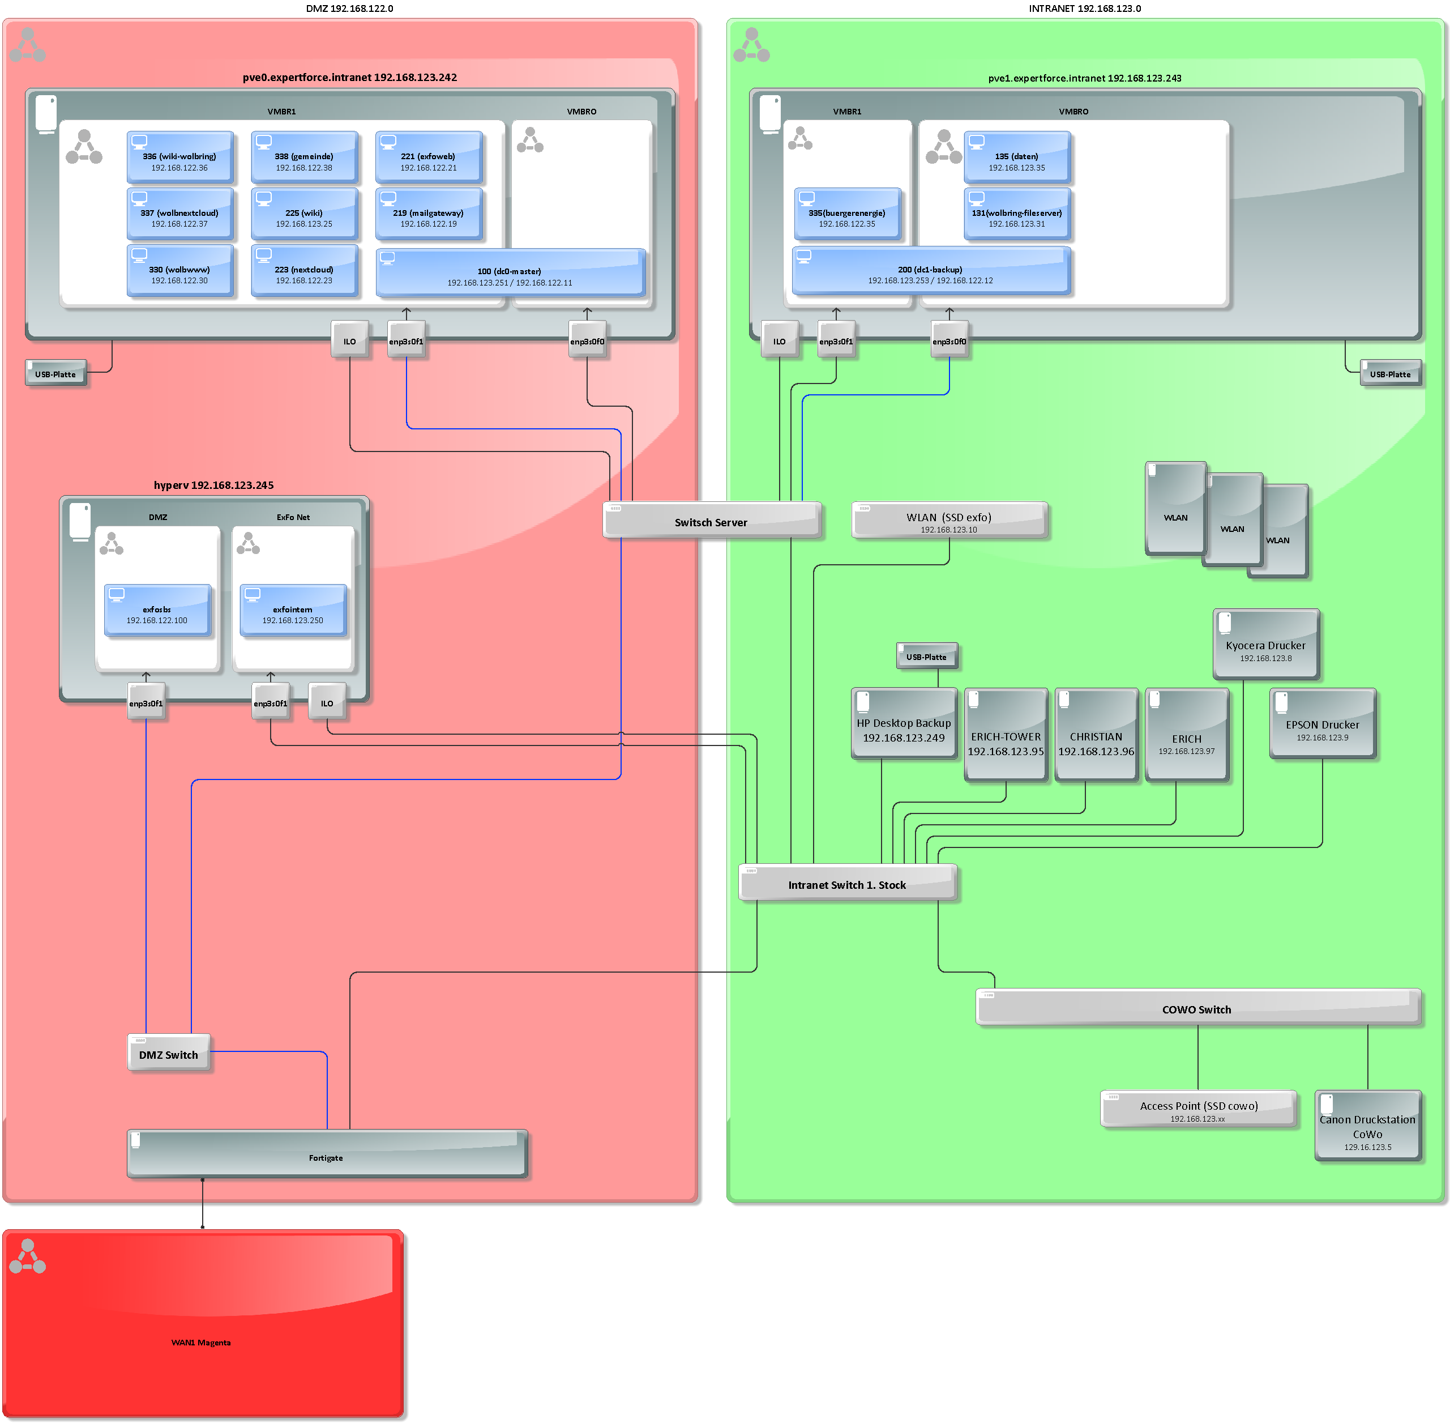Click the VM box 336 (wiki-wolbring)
click(x=180, y=157)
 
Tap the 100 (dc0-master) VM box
click(x=510, y=273)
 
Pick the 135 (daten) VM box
click(x=1017, y=157)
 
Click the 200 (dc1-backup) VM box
click(x=931, y=271)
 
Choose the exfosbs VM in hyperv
click(x=157, y=611)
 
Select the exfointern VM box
click(x=293, y=611)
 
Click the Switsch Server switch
click(x=711, y=520)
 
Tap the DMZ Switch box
click(x=169, y=1053)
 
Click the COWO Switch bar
click(x=1197, y=1007)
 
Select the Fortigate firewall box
click(x=327, y=1154)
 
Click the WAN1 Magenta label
click(x=201, y=1343)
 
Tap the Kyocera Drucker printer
click(x=1266, y=644)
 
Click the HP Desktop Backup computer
click(x=904, y=723)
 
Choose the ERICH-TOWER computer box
click(x=1006, y=735)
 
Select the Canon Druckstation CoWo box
click(x=1367, y=1126)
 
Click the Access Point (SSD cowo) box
click(x=1198, y=1109)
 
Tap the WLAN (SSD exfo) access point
click(x=949, y=520)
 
